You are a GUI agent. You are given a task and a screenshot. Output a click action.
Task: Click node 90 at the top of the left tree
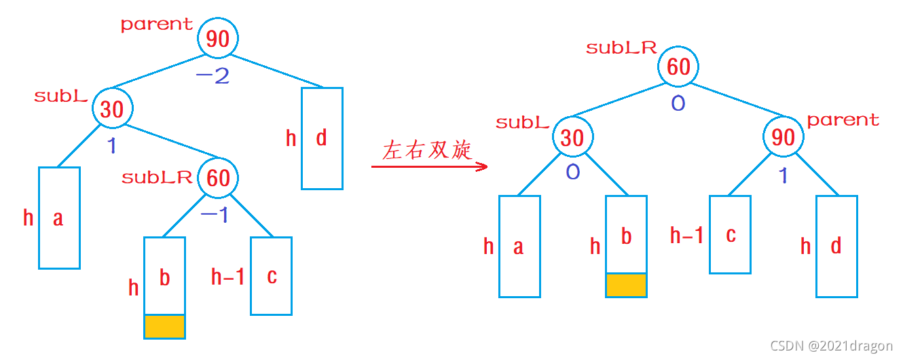[x=218, y=39]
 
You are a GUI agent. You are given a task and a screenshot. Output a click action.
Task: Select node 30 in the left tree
[x=112, y=109]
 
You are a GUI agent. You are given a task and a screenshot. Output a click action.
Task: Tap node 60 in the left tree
[x=218, y=178]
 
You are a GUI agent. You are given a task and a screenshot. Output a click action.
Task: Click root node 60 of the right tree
[x=678, y=67]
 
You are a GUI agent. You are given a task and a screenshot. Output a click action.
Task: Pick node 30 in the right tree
[x=572, y=137]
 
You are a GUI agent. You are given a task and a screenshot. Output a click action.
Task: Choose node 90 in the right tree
[x=783, y=137]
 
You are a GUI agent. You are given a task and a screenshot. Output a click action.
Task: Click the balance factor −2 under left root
[x=213, y=75]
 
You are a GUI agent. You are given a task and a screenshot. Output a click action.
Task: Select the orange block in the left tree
[x=164, y=326]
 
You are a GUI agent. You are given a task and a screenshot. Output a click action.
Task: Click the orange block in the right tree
[x=626, y=285]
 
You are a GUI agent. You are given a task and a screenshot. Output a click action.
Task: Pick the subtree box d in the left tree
[x=322, y=139]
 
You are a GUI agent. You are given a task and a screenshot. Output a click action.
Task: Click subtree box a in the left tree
[x=59, y=217]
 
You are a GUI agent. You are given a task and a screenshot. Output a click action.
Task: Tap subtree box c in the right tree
[x=730, y=234]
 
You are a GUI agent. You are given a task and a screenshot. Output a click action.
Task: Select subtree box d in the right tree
[x=836, y=246]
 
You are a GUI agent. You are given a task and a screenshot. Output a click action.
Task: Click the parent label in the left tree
[x=157, y=24]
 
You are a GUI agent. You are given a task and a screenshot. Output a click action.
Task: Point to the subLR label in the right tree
[x=621, y=48]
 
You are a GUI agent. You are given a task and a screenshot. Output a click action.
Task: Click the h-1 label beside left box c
[x=227, y=276]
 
